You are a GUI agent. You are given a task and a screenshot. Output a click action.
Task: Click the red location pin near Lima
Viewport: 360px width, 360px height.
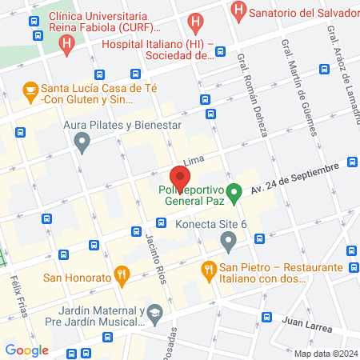point(179,178)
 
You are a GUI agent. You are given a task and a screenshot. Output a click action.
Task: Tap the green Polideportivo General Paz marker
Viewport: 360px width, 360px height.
point(234,192)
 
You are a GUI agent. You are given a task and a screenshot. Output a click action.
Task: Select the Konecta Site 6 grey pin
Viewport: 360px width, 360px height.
point(228,240)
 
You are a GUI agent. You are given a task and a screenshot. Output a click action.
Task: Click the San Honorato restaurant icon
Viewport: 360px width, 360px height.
point(122,277)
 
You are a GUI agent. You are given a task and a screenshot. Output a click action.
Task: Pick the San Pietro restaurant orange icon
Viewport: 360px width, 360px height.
point(210,270)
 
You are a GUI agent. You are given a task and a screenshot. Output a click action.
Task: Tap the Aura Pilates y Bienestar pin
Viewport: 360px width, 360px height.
point(81,143)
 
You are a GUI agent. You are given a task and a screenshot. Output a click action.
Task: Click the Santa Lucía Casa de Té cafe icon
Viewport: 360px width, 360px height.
point(30,90)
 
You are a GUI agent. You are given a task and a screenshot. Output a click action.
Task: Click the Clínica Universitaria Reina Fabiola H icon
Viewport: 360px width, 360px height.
point(67,42)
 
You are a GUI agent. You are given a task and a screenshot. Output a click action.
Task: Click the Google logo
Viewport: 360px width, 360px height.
point(26,350)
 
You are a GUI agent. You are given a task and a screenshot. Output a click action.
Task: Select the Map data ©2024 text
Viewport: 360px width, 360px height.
point(324,353)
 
